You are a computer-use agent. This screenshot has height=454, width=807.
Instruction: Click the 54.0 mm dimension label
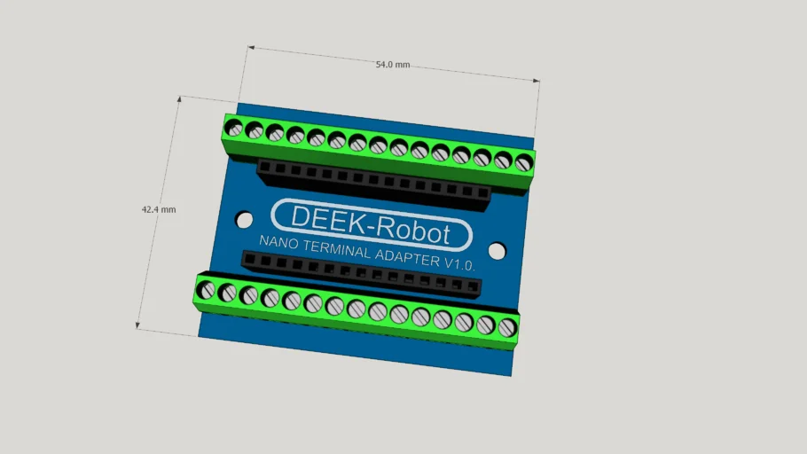393,65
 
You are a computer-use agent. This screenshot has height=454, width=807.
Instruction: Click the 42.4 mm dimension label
159,210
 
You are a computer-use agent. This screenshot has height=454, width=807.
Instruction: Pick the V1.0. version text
459,265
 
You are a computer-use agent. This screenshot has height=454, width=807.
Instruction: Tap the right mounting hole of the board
497,251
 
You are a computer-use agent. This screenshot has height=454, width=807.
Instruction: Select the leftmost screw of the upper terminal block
233,128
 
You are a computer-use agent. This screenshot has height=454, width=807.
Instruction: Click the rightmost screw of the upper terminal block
523,162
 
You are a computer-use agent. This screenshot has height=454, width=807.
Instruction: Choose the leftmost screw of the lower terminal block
206,290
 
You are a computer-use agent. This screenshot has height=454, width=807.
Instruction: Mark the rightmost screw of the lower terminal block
506,328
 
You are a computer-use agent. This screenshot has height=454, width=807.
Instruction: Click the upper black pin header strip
372,184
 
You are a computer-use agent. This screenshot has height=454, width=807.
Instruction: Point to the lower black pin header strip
361,272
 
